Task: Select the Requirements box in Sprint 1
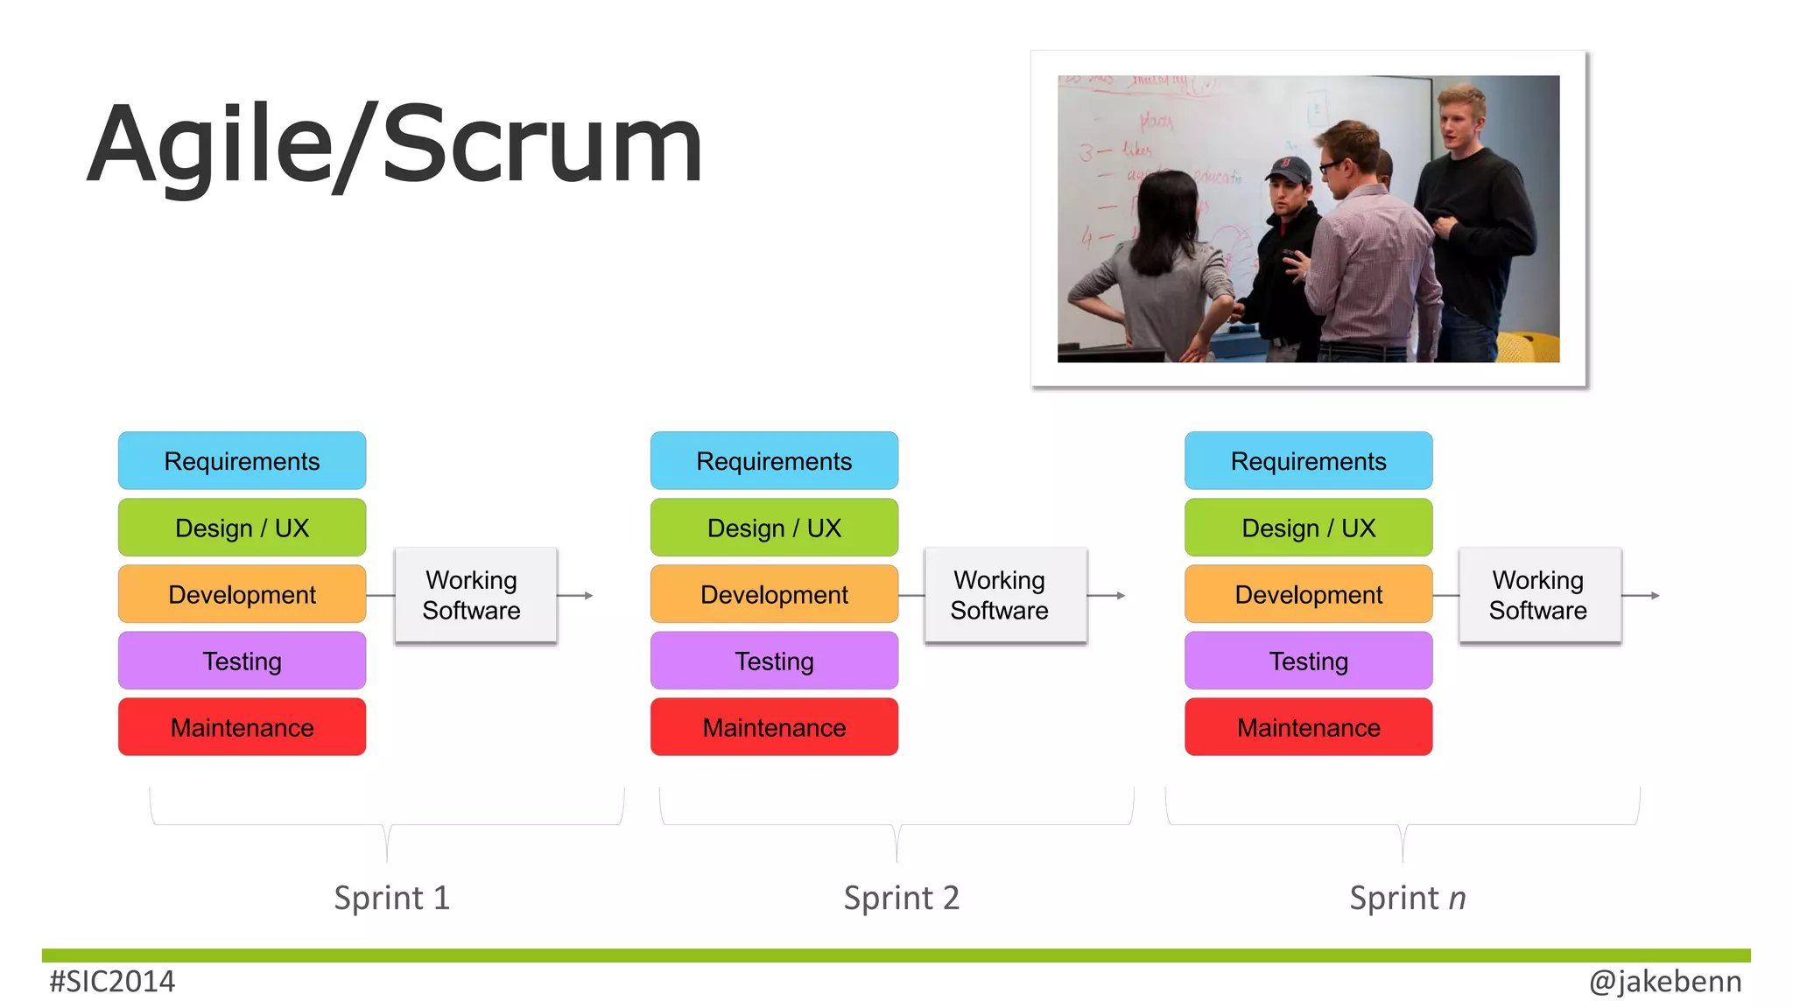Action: tap(242, 461)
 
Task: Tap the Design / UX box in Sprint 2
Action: tap(774, 528)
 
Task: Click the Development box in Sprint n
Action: tap(1308, 594)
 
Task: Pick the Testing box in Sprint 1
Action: tap(242, 661)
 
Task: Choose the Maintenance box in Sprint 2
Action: tap(774, 727)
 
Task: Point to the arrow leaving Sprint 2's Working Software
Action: tap(1107, 595)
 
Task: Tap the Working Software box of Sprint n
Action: tap(1539, 595)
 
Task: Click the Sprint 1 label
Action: tap(391, 898)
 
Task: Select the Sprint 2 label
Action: tap(901, 898)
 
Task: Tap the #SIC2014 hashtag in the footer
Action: tap(112, 982)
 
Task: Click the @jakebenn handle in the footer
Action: tap(1665, 982)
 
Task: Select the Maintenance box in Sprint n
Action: tap(1308, 727)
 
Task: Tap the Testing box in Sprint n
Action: tap(1308, 661)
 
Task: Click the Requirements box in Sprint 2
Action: tap(774, 461)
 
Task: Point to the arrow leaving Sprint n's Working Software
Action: tap(1642, 595)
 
